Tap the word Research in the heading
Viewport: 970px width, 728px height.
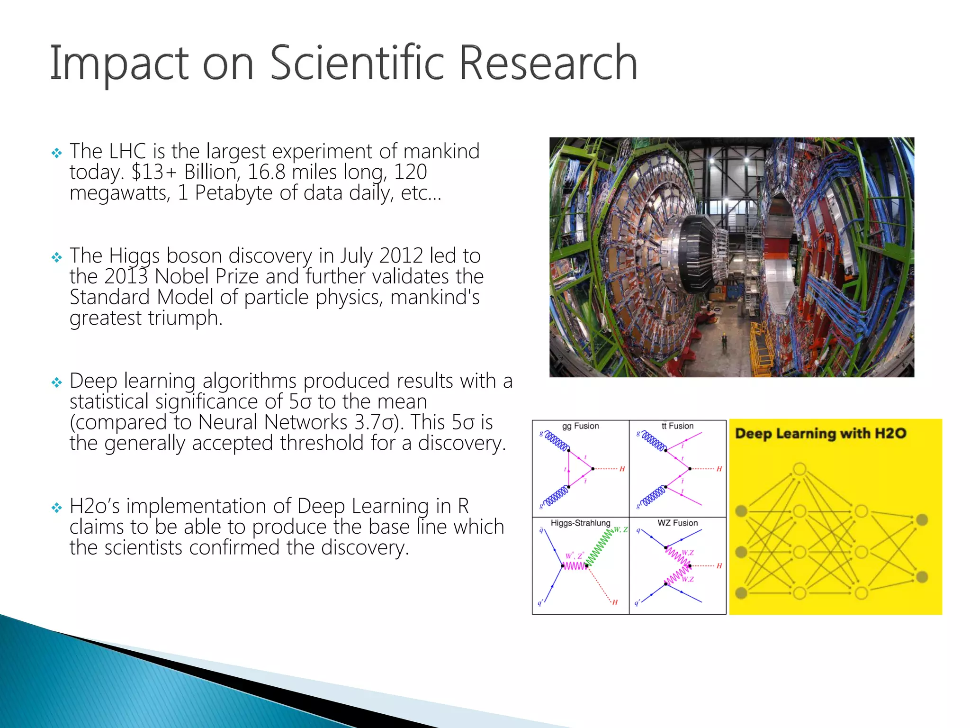(548, 63)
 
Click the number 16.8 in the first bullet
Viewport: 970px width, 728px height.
(266, 172)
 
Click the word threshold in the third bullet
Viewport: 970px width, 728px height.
(322, 443)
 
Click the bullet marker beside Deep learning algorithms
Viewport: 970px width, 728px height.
(56, 382)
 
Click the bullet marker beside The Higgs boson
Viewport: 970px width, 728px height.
(56, 257)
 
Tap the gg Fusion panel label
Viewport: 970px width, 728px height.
(580, 426)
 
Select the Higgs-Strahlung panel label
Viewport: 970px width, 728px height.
(580, 523)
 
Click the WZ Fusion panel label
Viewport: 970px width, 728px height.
(677, 523)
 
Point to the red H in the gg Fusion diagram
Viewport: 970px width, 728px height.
(622, 469)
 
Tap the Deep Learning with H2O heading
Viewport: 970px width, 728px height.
(820, 433)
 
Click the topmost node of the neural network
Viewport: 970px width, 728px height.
(799, 469)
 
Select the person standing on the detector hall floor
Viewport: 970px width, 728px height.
(724, 340)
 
